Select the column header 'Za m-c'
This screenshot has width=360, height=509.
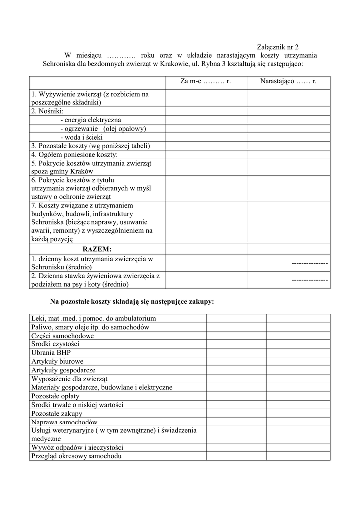(x=206, y=81)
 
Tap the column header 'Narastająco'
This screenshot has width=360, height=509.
(x=288, y=81)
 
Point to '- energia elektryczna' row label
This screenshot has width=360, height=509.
(x=90, y=120)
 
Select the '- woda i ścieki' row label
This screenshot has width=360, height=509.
(x=81, y=137)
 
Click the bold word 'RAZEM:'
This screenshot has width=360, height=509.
(x=97, y=249)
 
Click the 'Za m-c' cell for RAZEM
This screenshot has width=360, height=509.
(x=206, y=249)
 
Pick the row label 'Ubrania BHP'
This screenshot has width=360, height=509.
(x=51, y=352)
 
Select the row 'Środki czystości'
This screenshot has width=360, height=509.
(x=55, y=344)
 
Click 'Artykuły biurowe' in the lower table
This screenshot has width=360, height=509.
(x=57, y=361)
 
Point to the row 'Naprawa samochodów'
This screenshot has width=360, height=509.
(x=64, y=422)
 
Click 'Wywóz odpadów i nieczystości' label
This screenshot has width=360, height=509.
(x=77, y=447)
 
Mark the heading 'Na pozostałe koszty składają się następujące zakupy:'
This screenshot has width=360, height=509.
(x=132, y=301)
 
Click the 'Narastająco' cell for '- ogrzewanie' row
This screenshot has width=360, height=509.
(x=288, y=128)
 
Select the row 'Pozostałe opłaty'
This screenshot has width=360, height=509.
(x=55, y=396)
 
